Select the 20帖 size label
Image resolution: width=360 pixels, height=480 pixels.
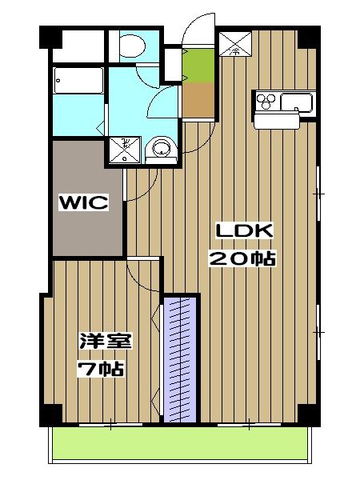click(242, 258)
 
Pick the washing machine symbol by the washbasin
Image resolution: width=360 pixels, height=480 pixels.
click(125, 148)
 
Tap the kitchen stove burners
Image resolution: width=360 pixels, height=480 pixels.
click(267, 102)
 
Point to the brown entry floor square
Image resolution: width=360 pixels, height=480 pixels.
click(197, 99)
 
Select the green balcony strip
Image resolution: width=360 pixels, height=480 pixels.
click(179, 442)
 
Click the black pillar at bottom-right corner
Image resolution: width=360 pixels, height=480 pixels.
click(308, 414)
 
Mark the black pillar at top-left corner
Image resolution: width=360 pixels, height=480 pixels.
click(50, 38)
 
